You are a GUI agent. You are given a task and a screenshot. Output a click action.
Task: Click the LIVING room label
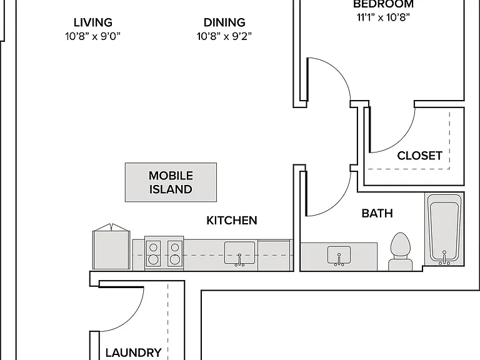point(92,22)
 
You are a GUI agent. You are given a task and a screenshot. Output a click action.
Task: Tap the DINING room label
point(224,22)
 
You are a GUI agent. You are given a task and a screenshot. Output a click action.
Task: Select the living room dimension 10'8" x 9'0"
point(92,36)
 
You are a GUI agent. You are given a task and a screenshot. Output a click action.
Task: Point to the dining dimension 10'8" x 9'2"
point(224,36)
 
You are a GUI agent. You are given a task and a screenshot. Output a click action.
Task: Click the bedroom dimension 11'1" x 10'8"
point(383,17)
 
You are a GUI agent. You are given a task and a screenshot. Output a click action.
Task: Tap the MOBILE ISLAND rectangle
point(171,182)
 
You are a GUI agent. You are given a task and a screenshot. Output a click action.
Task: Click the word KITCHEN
point(232,221)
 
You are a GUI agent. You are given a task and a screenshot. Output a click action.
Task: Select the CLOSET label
point(420,156)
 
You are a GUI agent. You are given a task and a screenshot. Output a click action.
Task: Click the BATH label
point(377,213)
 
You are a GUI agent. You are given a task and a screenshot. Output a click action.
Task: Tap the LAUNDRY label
point(134,352)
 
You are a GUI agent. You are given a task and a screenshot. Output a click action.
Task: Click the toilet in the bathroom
point(400,252)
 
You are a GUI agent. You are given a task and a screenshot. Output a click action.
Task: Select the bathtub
point(444,229)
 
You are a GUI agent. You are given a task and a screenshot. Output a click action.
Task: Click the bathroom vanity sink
point(339,256)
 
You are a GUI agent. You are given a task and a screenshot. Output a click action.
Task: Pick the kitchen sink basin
point(239,253)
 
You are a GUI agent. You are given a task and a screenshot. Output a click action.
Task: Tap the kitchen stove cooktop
point(164,253)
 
